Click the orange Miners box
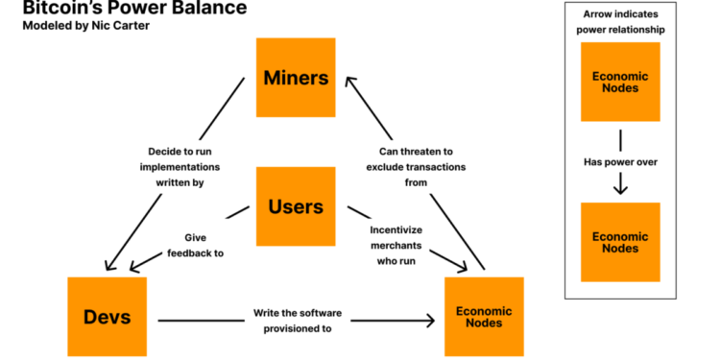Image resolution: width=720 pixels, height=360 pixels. click(x=296, y=77)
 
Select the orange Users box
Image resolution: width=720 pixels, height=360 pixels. click(x=296, y=206)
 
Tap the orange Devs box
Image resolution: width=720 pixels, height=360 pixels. click(x=107, y=317)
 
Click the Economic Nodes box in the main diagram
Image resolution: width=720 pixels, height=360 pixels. click(x=484, y=317)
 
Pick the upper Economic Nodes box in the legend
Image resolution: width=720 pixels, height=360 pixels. click(x=619, y=82)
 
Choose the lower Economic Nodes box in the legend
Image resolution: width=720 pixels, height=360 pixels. click(x=619, y=242)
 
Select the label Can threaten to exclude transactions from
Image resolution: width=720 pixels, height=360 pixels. click(x=416, y=166)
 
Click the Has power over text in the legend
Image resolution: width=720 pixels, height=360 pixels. click(x=619, y=162)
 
